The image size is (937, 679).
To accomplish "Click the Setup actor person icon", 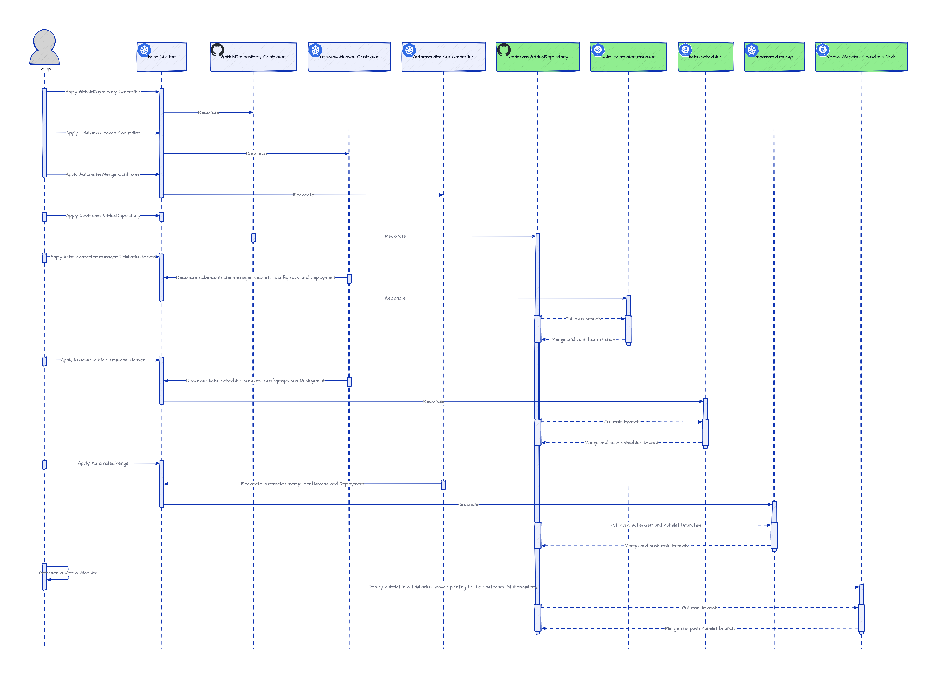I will click(x=44, y=47).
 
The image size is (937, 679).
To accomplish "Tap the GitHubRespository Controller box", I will click(x=253, y=57).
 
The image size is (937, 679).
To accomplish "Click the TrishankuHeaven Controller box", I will click(x=349, y=57).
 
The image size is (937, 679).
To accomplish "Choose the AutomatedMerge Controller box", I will click(x=443, y=57).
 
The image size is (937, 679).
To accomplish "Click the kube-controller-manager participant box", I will click(x=628, y=57).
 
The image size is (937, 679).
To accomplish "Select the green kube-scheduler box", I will click(x=705, y=57).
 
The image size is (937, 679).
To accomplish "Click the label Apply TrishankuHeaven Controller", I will click(x=103, y=133).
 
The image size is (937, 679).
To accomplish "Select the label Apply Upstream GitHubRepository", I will click(x=103, y=216).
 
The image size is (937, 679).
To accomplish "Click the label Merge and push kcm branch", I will click(x=583, y=339).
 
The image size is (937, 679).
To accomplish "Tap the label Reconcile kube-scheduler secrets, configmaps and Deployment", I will click(x=255, y=381).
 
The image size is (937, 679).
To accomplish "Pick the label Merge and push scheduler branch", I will click(x=622, y=443).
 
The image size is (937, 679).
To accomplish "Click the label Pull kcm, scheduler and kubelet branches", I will click(x=656, y=525).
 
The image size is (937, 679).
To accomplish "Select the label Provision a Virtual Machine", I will click(x=68, y=573).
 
